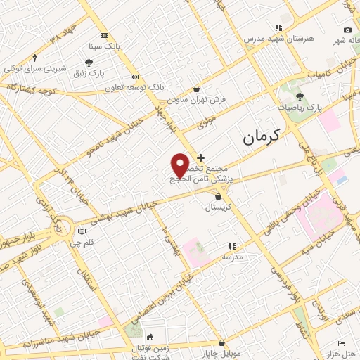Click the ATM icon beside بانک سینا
(104, 36)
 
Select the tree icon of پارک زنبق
(89, 63)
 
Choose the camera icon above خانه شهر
(347, 30)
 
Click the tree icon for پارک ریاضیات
(300, 96)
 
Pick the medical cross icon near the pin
(200, 157)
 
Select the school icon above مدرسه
(232, 247)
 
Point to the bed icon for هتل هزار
(342, 343)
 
